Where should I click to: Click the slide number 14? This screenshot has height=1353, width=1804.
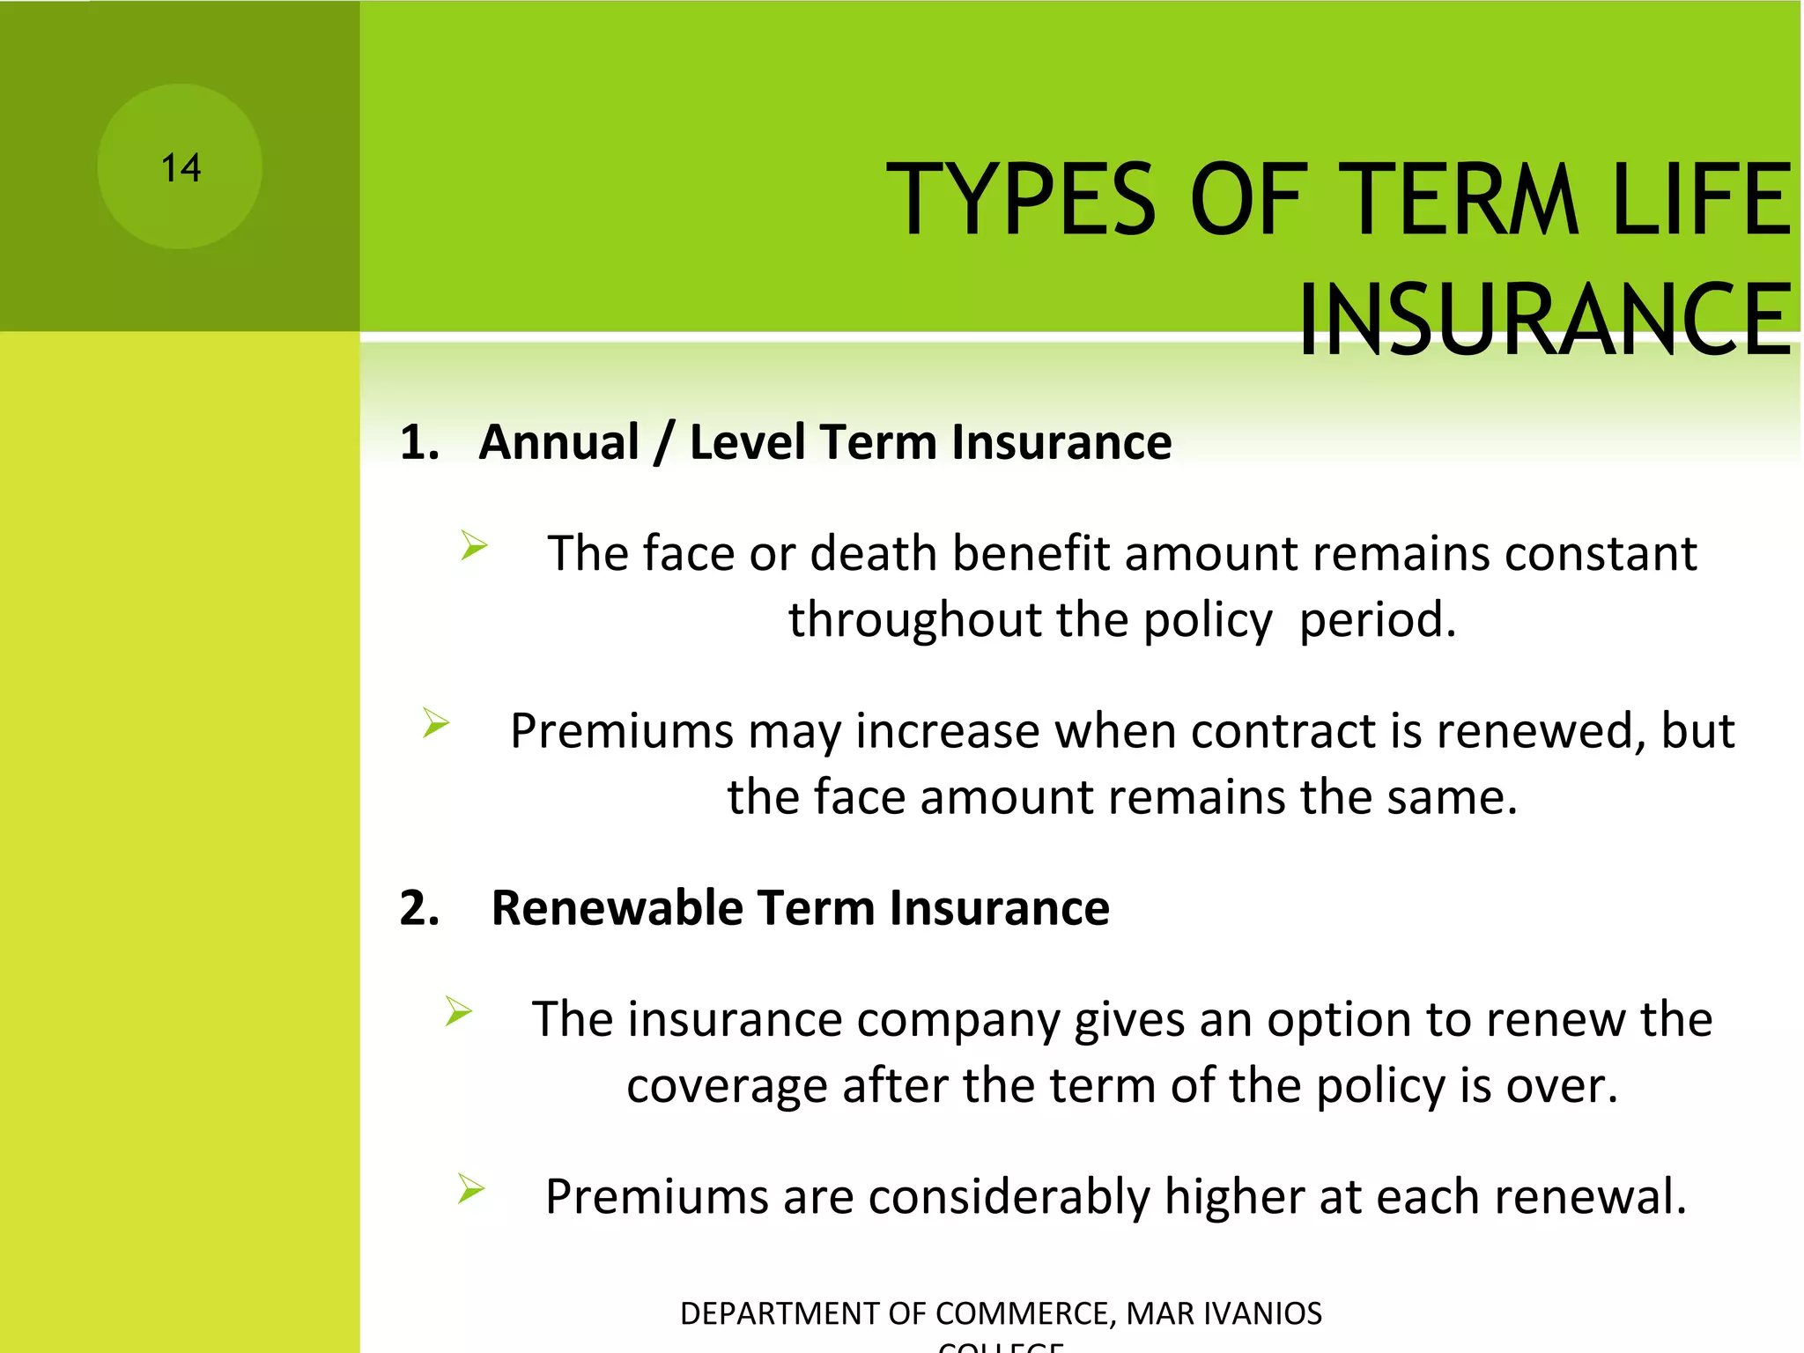(181, 167)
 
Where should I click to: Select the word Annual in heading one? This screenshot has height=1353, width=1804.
(558, 442)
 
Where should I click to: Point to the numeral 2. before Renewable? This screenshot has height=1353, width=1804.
(419, 908)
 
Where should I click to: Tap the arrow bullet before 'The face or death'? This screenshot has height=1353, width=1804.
(474, 546)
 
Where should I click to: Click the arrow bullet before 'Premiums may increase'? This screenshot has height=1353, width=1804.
(436, 723)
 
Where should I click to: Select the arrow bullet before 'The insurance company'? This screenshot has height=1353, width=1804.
(459, 1011)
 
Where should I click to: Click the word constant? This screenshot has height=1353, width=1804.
(1600, 554)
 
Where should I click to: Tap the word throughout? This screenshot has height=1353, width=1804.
(914, 620)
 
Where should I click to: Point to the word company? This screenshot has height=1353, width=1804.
(957, 1022)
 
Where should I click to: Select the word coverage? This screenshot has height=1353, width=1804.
(727, 1087)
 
